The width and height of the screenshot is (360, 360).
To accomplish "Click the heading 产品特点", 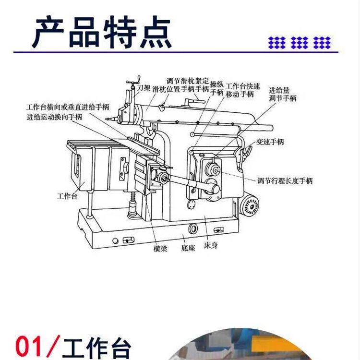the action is point(102,32).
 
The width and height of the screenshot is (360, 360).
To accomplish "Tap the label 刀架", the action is point(144,88).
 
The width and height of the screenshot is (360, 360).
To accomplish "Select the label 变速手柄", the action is point(270,142).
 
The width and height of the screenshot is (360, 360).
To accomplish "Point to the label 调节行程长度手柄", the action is point(285,180).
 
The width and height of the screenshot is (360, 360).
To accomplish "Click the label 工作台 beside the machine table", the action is point(67,196).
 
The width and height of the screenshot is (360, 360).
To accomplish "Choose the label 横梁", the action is point(160,249).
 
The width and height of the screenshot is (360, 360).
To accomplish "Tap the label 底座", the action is point(188,248).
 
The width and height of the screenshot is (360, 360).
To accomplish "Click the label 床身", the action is point(211,245).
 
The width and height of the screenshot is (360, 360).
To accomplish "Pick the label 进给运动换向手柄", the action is point(54,117).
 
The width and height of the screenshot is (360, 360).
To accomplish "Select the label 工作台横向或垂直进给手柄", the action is point(68,107).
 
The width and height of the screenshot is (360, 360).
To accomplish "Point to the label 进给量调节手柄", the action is point(283,94).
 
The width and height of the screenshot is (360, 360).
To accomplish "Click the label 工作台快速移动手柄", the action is point(243,90).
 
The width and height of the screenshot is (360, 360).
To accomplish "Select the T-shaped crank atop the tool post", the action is point(133,82).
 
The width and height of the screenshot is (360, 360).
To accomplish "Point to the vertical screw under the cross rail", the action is point(132,205).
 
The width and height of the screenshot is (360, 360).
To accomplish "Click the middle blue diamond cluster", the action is point(299,42).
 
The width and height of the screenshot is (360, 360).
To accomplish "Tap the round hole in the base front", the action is point(193,228).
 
